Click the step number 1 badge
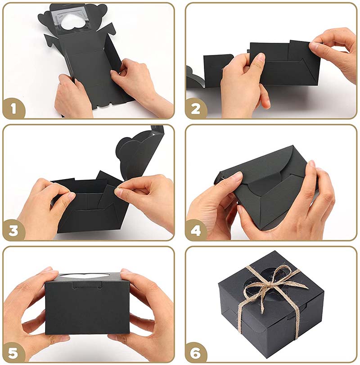[x=13, y=108]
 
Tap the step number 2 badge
[x=195, y=108]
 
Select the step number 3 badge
[x=13, y=230]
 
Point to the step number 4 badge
[x=195, y=230]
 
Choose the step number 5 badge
[x=13, y=352]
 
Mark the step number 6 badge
[x=195, y=352]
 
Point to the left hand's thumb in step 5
[x=45, y=275]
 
